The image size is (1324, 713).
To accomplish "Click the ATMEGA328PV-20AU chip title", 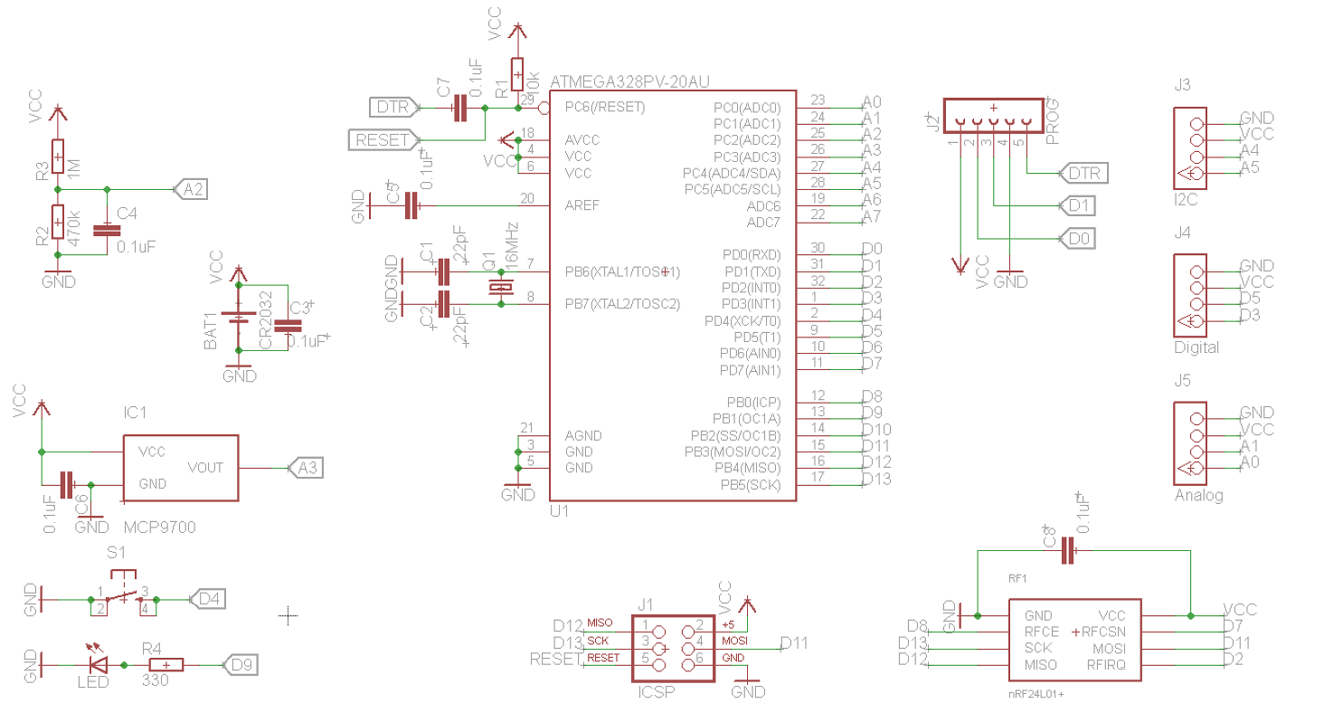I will click(x=629, y=82).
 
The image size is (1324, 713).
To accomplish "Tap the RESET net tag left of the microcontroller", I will click(x=383, y=140).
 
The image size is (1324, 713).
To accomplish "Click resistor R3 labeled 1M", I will click(x=58, y=157).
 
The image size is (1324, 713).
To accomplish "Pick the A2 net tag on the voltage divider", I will click(x=193, y=189).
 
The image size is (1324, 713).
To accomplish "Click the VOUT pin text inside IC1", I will click(x=205, y=467).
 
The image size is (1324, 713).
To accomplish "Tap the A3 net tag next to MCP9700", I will click(x=307, y=468).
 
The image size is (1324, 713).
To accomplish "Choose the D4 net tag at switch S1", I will click(x=208, y=598).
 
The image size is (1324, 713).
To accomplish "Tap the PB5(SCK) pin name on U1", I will click(x=750, y=485).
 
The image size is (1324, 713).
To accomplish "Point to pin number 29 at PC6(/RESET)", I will click(x=527, y=99).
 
